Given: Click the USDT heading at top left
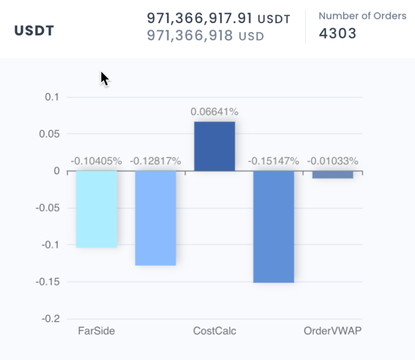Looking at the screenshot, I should (34, 30).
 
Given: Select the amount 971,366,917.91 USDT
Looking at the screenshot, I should (218, 18).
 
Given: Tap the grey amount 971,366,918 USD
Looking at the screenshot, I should (205, 36).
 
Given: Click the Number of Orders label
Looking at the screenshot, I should (362, 16).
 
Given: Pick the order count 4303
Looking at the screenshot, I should (337, 34).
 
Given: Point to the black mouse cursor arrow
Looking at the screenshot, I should (104, 79).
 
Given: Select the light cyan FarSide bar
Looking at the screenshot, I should (97, 209).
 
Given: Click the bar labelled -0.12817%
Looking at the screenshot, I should (156, 218).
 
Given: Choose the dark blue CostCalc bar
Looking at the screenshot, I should (215, 146).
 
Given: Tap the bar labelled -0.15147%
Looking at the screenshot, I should (273, 226).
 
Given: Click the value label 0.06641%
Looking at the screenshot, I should (215, 112).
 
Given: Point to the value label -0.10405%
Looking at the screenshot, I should (96, 161).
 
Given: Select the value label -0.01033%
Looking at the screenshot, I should (332, 161).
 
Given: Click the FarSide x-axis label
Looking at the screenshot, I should (96, 331).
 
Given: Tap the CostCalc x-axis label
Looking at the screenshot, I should (215, 331).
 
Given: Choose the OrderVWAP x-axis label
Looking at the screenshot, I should (332, 331).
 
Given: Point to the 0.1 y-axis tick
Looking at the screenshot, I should (52, 97).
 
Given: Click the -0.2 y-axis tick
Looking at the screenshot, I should (50, 319).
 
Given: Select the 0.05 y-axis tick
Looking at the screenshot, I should (50, 134).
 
